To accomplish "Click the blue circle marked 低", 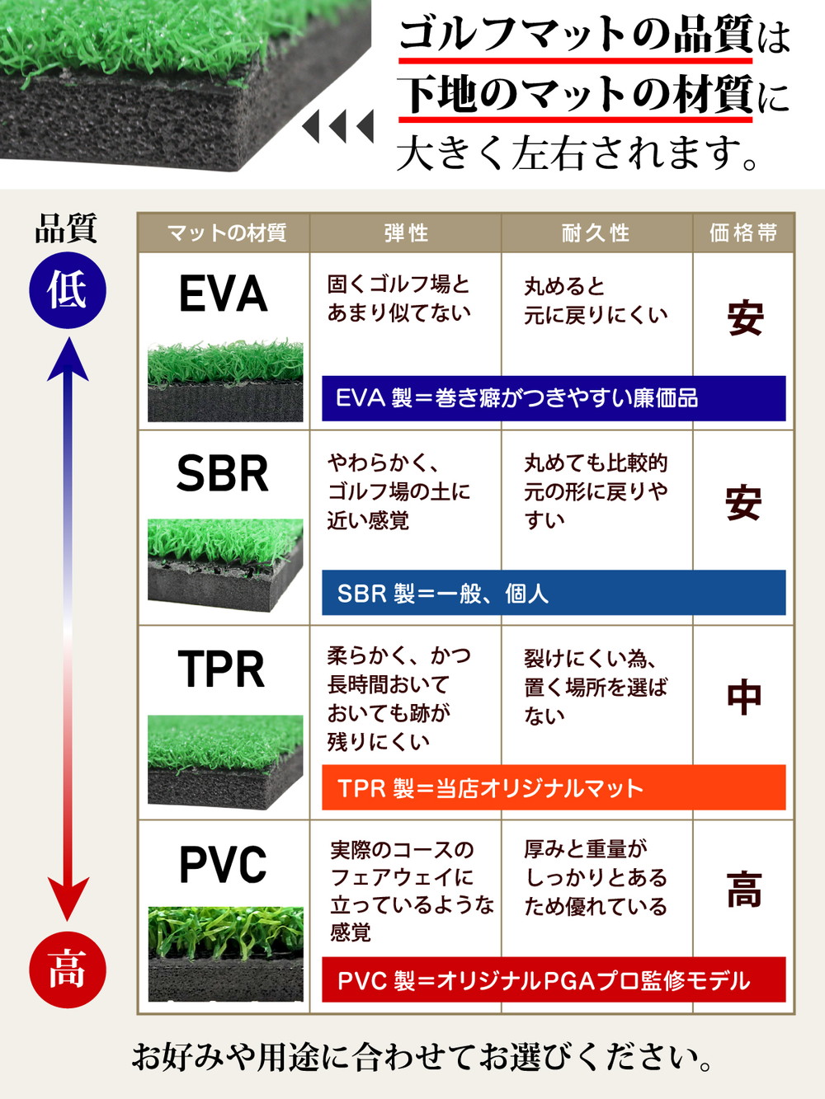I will pyautogui.click(x=68, y=290).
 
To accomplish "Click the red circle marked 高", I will pyautogui.click(x=68, y=969).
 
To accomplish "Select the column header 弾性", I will pyautogui.click(x=406, y=233).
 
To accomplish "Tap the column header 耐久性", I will pyautogui.click(x=596, y=233).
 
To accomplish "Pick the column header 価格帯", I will pyautogui.click(x=743, y=233).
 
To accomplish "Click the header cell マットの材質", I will pyautogui.click(x=226, y=233).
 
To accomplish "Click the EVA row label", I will pyautogui.click(x=223, y=294).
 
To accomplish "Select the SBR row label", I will pyautogui.click(x=223, y=474).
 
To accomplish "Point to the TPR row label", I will pyautogui.click(x=223, y=669).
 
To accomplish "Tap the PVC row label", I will pyautogui.click(x=223, y=865).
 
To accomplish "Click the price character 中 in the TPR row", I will pyautogui.click(x=743, y=697).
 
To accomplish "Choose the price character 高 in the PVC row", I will pyautogui.click(x=743, y=890).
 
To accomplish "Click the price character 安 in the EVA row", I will pyautogui.click(x=744, y=318).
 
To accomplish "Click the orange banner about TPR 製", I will pyautogui.click(x=554, y=788).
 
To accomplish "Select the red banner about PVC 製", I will pyautogui.click(x=554, y=980).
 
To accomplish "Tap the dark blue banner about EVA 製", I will pyautogui.click(x=554, y=398).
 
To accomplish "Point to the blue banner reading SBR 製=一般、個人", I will pyautogui.click(x=554, y=593).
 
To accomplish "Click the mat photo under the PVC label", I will pyautogui.click(x=225, y=954).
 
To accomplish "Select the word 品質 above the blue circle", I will pyautogui.click(x=66, y=228).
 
